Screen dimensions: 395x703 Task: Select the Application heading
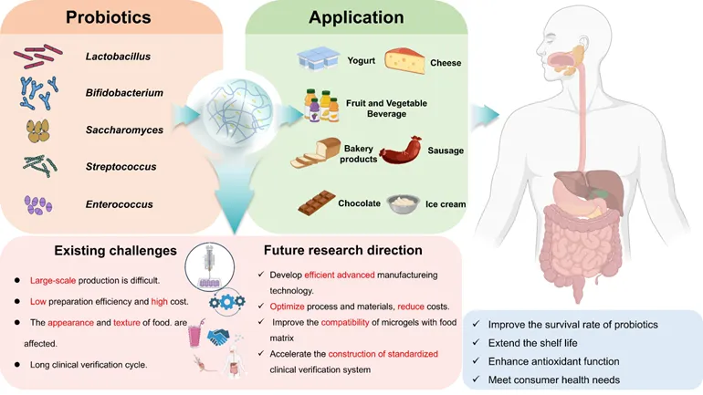[356, 17]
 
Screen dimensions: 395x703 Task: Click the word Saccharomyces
[126, 130]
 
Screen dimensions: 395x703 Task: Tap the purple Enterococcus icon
[38, 203]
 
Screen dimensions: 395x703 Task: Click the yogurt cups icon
[318, 61]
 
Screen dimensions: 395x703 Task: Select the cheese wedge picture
[405, 61]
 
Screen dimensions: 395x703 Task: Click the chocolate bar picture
[317, 203]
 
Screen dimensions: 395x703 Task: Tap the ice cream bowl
[403, 203]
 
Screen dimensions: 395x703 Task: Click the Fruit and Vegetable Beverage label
[390, 109]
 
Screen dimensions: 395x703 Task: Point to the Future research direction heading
[342, 249]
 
